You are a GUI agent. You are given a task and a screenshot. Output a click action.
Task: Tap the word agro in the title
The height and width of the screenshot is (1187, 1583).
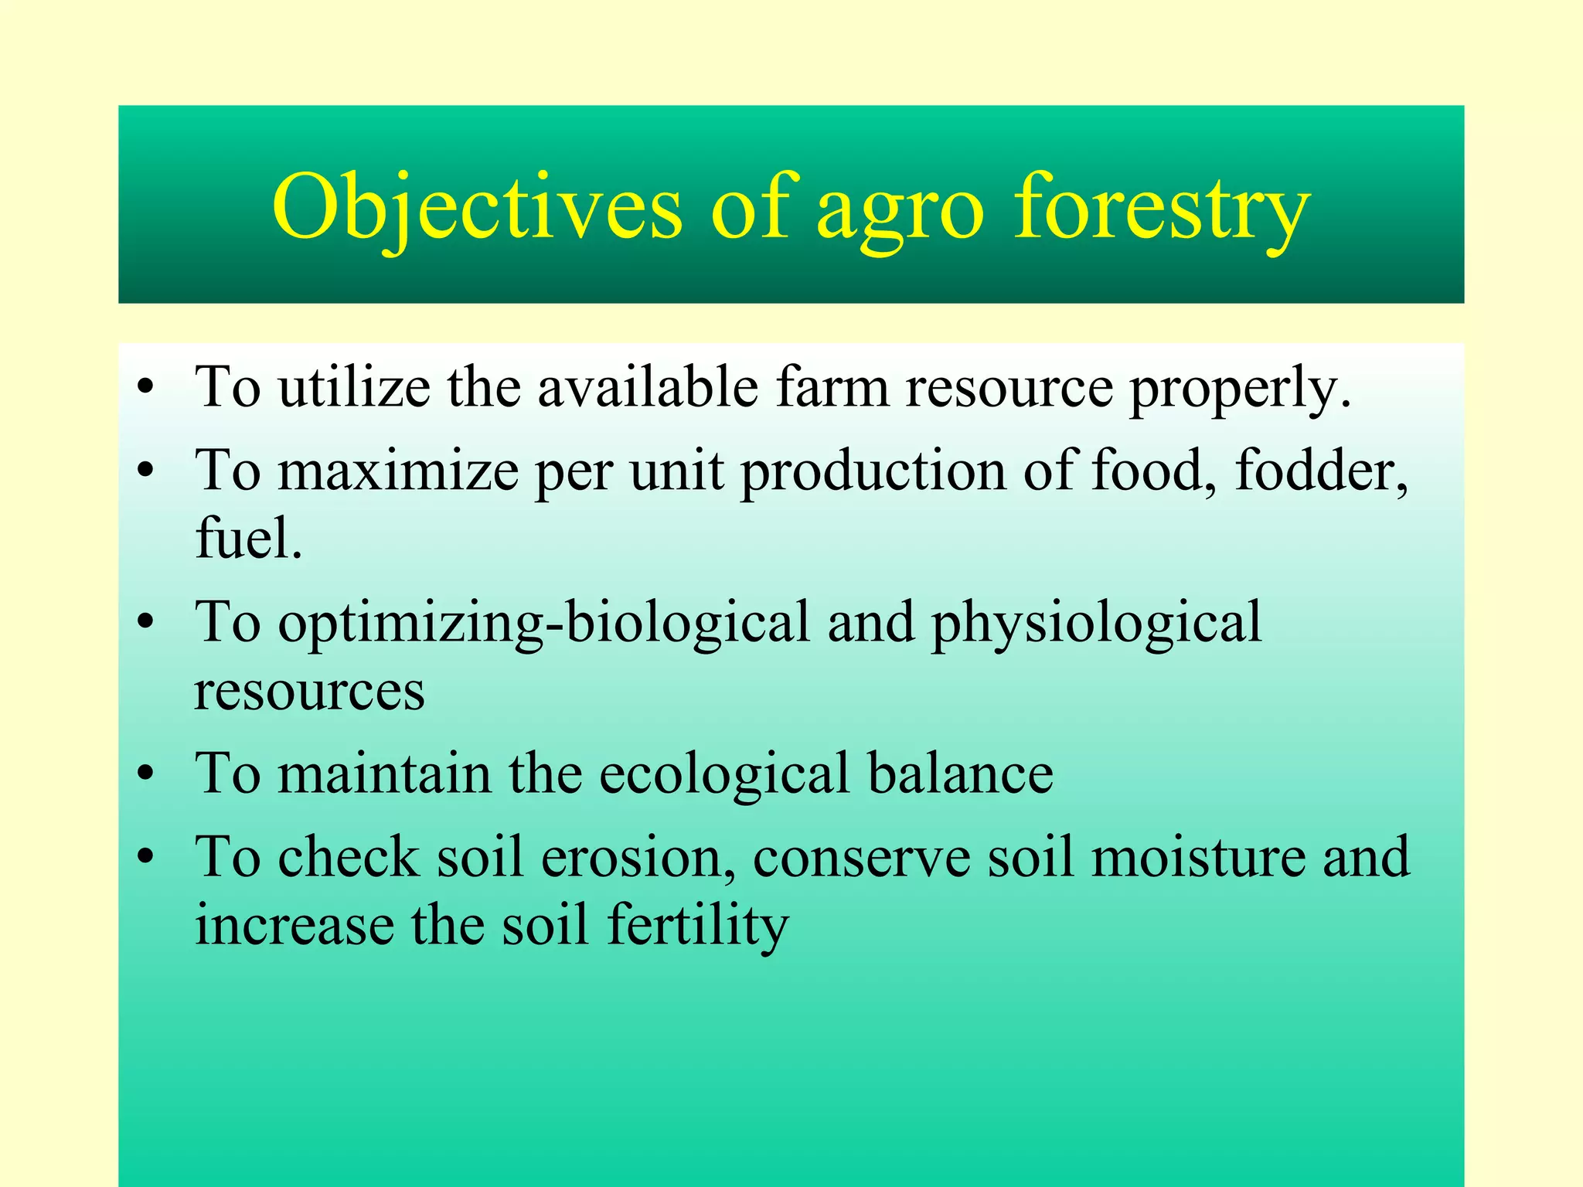coord(900,213)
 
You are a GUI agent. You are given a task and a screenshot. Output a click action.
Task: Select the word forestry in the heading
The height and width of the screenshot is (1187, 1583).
coord(1162,209)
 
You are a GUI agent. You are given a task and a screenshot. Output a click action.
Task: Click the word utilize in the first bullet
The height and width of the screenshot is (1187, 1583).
coord(354,386)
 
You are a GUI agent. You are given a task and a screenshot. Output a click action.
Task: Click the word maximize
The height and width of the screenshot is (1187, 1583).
coord(397,471)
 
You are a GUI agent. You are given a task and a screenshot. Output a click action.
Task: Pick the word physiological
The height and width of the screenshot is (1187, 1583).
coord(1096,624)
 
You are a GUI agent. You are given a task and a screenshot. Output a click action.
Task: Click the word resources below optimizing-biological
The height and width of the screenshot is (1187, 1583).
coord(309,690)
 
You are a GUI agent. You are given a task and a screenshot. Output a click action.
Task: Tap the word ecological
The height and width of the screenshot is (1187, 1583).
coord(724,774)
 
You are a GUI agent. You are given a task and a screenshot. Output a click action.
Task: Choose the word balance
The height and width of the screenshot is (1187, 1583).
coord(960,774)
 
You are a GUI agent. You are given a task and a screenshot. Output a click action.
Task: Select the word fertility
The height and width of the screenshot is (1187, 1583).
coord(697,926)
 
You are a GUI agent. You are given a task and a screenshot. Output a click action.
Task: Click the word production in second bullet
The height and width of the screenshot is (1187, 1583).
coord(873,471)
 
